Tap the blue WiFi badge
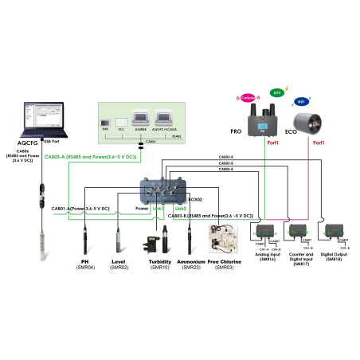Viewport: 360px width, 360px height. (x=301, y=103)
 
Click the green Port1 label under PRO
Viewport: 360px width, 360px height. (x=274, y=143)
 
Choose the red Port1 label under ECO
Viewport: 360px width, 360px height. (x=319, y=143)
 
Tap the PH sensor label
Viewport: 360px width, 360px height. (x=84, y=261)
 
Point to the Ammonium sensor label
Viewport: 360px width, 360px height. (x=190, y=261)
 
